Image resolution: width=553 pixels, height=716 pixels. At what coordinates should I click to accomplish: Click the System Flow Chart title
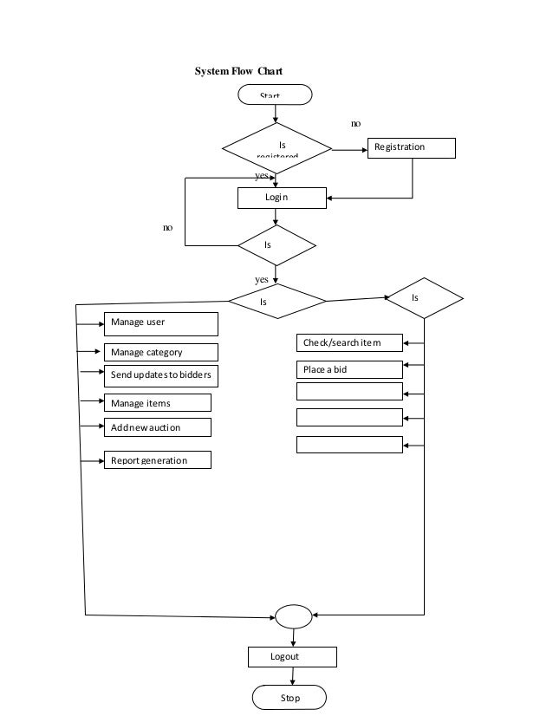[238, 71]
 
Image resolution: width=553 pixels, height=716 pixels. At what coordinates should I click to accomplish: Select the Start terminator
[276, 94]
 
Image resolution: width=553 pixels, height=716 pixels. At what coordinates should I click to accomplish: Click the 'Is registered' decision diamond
[276, 148]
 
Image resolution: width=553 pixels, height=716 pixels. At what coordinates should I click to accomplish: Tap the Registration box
[412, 148]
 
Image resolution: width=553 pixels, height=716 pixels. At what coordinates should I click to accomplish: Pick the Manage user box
[160, 323]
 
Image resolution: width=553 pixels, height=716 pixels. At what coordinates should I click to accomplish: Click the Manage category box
[160, 353]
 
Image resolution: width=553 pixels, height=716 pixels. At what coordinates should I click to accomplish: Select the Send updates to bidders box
[160, 376]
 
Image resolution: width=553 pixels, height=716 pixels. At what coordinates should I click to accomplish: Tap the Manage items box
[157, 403]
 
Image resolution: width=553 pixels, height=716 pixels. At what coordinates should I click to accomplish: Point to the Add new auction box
[157, 427]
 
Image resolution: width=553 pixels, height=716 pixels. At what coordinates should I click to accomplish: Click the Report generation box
[157, 460]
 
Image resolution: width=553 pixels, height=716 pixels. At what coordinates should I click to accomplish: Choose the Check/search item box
[349, 343]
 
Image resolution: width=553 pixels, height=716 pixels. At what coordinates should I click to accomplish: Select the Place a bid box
[349, 369]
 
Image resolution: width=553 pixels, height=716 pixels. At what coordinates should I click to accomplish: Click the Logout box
[292, 657]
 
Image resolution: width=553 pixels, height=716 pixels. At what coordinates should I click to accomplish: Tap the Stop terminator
[290, 698]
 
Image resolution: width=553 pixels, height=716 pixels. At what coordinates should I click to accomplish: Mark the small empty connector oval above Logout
[294, 616]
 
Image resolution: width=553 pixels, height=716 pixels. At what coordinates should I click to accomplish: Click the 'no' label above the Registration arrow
[355, 125]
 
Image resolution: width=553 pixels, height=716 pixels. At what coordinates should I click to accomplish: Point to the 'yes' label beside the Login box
[261, 176]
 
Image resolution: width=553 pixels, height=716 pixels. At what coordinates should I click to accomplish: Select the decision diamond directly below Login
[276, 246]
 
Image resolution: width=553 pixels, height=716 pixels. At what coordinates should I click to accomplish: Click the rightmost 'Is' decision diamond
[424, 299]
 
